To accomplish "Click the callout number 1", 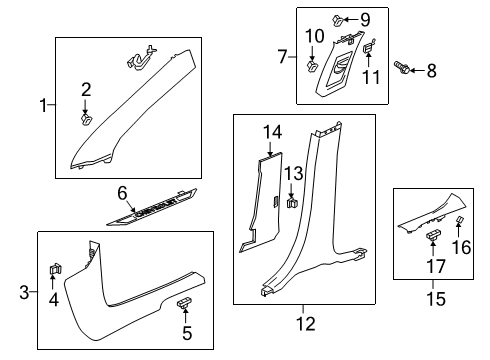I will (43, 104).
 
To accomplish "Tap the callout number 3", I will (25, 291).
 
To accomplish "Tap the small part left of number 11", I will (366, 46).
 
